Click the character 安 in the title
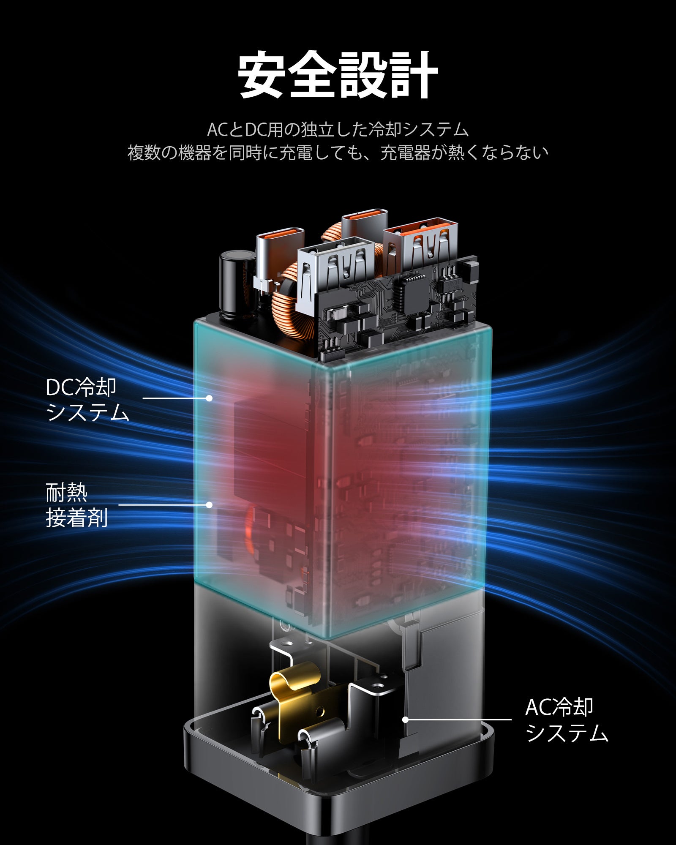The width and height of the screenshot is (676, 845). click(264, 75)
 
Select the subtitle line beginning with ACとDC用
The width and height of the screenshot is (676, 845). click(338, 130)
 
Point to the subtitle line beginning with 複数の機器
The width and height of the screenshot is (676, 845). click(338, 153)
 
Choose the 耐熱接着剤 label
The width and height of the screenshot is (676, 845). click(76, 505)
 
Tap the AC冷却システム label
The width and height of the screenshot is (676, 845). click(566, 720)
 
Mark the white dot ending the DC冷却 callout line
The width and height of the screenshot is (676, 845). click(209, 398)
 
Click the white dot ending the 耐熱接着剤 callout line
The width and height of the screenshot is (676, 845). click(209, 504)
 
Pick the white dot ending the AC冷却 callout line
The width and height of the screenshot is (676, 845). click(405, 720)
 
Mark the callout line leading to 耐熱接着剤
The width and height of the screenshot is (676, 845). click(163, 504)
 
